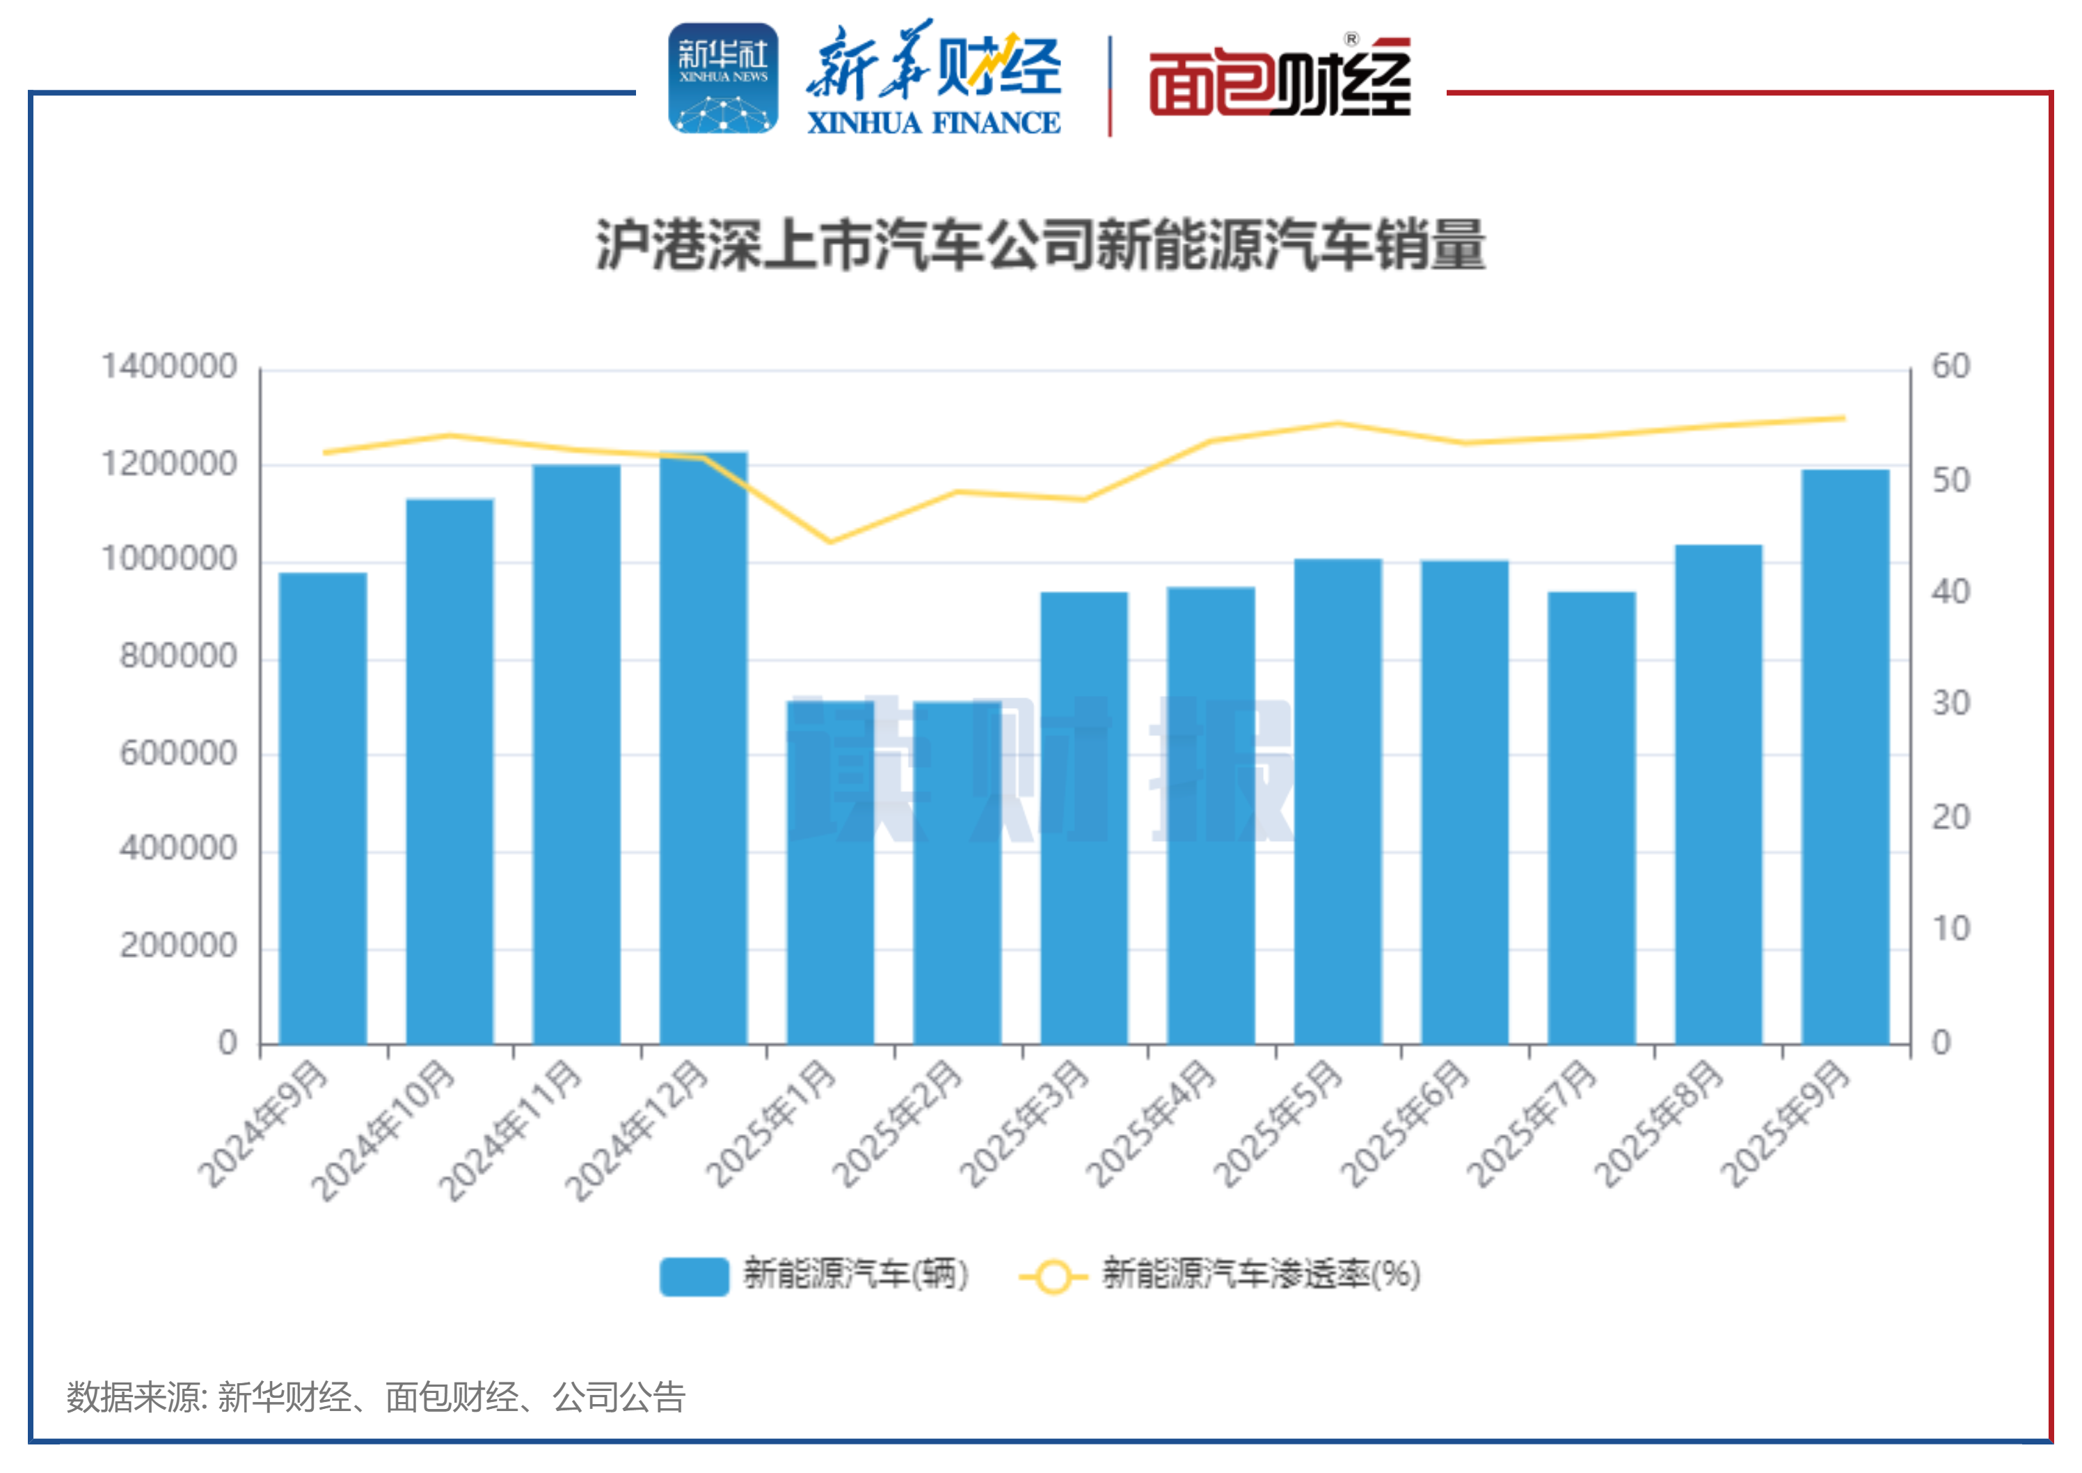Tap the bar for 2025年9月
1845,757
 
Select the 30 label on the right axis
1951,704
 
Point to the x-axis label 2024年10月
383,1130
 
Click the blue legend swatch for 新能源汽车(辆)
694,1276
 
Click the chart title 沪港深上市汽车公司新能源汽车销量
1040,245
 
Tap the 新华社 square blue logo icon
723,79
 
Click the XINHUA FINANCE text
933,123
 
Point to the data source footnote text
375,1398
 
